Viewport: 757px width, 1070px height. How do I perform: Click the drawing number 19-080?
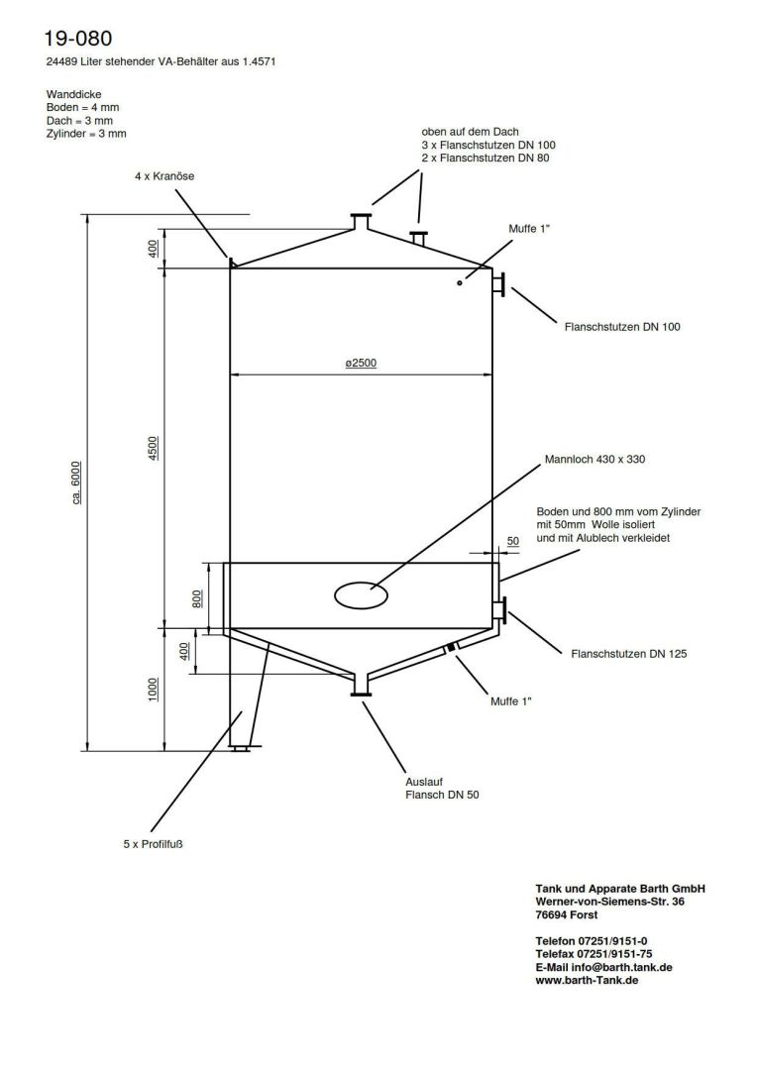(78, 39)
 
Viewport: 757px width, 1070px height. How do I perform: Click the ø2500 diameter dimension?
(360, 365)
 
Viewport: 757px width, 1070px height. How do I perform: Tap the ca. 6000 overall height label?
(77, 482)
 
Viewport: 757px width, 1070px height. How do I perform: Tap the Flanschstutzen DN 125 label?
(629, 654)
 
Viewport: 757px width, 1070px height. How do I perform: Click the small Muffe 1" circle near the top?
(460, 283)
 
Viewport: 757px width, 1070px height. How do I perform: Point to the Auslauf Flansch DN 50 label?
(442, 788)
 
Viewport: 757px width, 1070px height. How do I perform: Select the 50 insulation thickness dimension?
(512, 541)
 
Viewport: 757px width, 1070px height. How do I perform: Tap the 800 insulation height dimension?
(197, 597)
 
